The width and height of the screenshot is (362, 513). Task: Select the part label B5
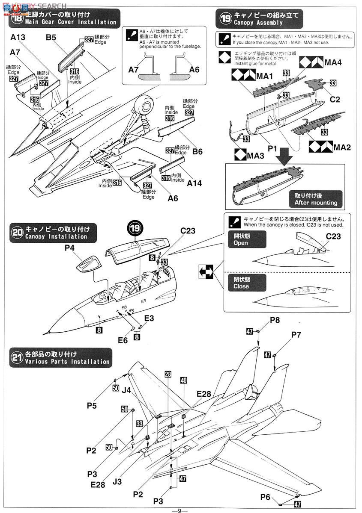click(51, 37)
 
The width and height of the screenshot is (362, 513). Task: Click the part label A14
click(194, 182)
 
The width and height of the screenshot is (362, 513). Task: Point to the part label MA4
click(333, 63)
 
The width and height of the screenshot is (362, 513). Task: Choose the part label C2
click(335, 100)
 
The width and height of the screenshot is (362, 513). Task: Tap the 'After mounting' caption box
click(316, 199)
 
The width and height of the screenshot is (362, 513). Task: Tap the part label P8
click(275, 320)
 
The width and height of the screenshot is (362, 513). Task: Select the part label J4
click(126, 390)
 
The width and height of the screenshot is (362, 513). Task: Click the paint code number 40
click(184, 380)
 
